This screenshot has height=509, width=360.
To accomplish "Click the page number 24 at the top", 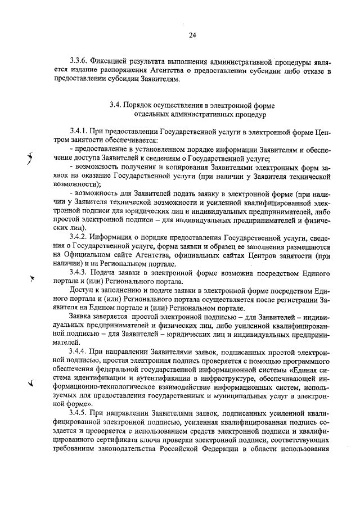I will coord(192,35).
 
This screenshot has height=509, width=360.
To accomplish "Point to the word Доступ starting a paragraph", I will coord(82,290).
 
